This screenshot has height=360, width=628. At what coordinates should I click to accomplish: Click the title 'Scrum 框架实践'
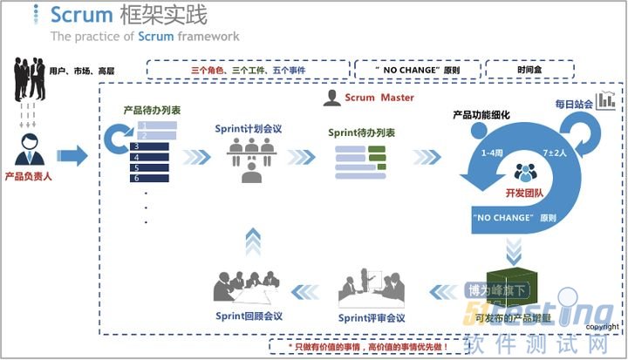(128, 15)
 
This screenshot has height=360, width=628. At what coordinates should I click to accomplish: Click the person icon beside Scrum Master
(331, 98)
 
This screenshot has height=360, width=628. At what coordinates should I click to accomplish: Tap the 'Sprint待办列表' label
(362, 132)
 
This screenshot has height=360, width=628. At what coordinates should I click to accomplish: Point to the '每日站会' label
(573, 105)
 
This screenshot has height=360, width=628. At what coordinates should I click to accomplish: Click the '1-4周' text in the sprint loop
(493, 153)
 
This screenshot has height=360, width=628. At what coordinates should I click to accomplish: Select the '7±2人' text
(556, 153)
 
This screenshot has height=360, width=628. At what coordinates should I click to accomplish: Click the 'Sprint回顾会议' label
(249, 316)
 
